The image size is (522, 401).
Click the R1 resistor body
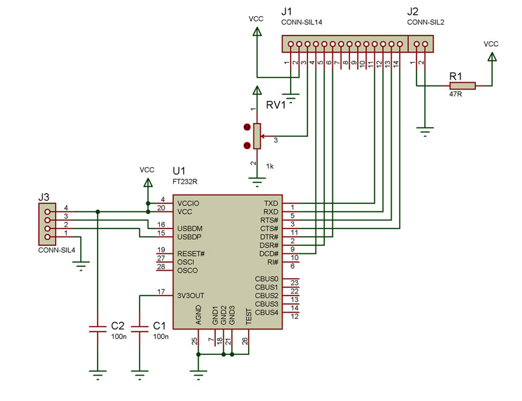[x=463, y=86]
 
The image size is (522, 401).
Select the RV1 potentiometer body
[x=257, y=136]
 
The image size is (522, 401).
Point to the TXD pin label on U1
[x=271, y=203]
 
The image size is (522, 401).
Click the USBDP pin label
[x=189, y=237]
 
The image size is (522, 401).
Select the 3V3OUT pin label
[x=190, y=295]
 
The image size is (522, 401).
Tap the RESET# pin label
[x=190, y=253]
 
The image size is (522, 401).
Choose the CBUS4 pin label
[x=266, y=313]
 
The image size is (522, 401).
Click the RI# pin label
[x=273, y=262]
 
